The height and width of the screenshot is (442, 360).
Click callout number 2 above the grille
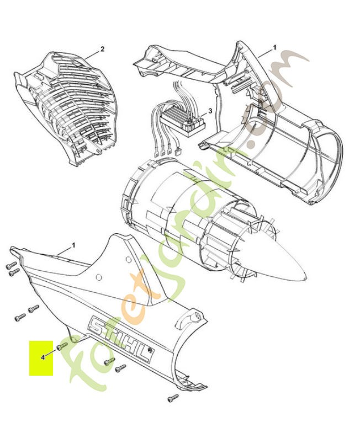click(102, 49)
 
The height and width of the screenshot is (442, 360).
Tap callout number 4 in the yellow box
click(43, 357)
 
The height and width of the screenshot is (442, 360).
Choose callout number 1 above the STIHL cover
click(73, 244)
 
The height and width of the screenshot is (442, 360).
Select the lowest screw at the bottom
click(173, 397)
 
